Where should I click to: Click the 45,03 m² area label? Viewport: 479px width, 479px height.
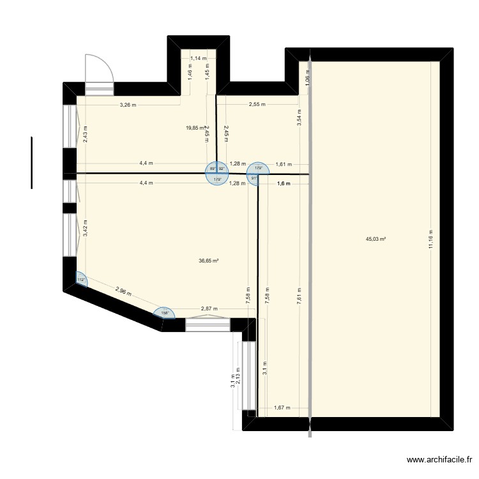point(376,240)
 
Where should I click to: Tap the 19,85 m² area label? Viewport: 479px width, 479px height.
point(195,128)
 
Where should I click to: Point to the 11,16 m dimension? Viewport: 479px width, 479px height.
point(431,242)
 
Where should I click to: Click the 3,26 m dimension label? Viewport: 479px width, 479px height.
point(128,105)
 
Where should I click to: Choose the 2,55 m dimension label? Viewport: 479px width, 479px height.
point(257,105)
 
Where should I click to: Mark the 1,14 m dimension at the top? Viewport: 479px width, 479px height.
point(199,58)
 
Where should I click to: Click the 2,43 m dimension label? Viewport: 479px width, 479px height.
point(86,133)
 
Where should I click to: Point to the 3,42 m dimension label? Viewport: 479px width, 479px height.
point(86,227)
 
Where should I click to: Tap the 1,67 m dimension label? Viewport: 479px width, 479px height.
point(282,407)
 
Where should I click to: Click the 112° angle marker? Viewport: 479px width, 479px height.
point(80,280)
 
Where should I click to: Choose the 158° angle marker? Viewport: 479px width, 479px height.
point(164,312)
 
